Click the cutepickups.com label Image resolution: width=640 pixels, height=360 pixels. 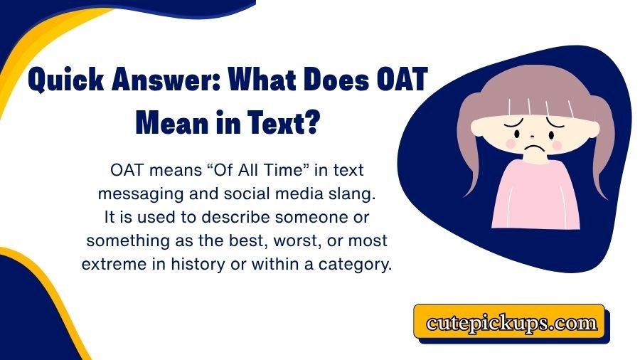click(x=511, y=324)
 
